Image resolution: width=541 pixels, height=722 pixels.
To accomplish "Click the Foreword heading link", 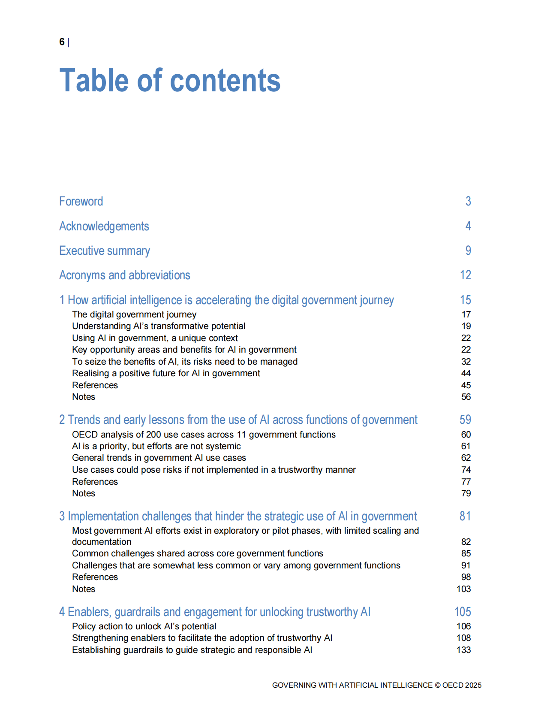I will tap(81, 201).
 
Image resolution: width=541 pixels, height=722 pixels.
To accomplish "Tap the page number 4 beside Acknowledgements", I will tap(468, 226).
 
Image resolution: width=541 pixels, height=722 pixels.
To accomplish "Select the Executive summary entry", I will tap(105, 251).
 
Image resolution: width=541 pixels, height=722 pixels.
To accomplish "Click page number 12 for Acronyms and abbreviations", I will tap(466, 275).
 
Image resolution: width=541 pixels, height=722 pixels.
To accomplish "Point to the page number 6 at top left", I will tap(62, 42).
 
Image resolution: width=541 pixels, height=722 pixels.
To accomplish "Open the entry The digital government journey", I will tap(134, 314).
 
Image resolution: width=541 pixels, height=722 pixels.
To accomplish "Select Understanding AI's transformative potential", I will tap(159, 326).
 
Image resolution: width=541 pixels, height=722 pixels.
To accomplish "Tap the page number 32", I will tap(466, 362).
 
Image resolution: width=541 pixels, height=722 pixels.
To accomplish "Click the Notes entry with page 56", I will tap(84, 397).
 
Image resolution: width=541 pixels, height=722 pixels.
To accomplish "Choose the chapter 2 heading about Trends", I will tap(238, 420).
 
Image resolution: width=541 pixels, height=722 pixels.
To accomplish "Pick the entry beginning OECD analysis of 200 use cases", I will tap(204, 435).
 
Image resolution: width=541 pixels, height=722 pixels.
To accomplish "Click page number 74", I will tap(466, 470).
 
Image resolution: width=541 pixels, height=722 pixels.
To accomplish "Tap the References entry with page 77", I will tap(95, 482).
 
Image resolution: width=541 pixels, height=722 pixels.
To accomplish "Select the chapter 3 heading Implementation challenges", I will tap(238, 516).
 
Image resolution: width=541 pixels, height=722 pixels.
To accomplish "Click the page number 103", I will tap(463, 589).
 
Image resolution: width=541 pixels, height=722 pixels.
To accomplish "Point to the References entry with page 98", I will tap(95, 577).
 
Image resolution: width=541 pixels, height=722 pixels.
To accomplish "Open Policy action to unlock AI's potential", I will tap(144, 626).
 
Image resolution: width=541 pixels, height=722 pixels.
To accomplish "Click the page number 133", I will tap(463, 650).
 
